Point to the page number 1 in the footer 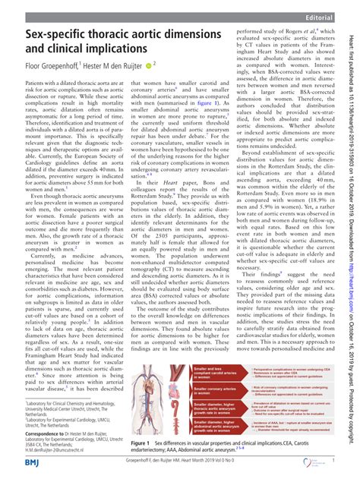pyautogui.click(x=334, y=460)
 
